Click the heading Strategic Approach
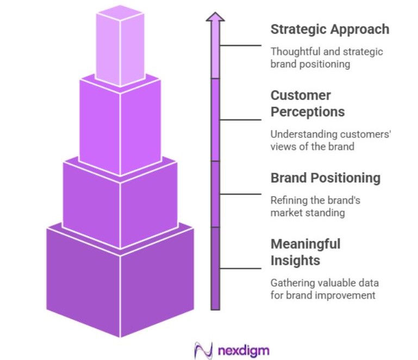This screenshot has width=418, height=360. [329, 29]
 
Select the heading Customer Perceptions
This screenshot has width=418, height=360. [308, 104]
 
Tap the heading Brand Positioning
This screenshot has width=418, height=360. [325, 178]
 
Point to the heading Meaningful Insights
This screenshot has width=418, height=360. [305, 252]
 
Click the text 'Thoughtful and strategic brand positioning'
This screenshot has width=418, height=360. [326, 58]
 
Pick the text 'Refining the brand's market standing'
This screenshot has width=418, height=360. [315, 206]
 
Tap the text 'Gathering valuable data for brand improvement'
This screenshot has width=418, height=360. [324, 289]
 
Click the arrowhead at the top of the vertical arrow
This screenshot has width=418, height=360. [215, 17]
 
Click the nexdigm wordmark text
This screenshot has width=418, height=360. [243, 350]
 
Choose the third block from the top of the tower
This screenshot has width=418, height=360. [120, 201]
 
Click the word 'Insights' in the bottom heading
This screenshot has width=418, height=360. [295, 260]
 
